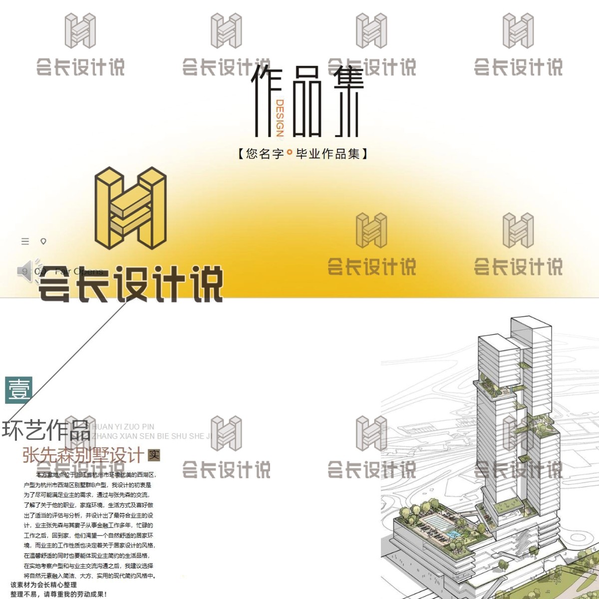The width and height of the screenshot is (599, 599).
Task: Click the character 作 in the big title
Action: point(265,100)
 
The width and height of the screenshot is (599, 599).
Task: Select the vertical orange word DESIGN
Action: point(280,118)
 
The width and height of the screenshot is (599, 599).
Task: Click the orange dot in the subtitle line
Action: point(290,153)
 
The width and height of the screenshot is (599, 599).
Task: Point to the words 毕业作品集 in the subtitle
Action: point(327,153)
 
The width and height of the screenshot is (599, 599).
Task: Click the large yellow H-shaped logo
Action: point(130,208)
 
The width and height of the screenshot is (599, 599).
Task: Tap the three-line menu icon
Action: point(25,242)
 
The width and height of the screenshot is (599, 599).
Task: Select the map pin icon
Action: point(43,242)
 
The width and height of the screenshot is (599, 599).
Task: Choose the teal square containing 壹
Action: point(19,390)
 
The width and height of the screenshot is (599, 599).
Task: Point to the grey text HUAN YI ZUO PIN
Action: point(123,427)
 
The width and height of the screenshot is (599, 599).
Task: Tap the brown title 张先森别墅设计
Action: point(83,455)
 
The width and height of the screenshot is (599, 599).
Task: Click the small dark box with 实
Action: point(154,455)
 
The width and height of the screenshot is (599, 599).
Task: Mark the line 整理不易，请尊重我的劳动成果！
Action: point(58,594)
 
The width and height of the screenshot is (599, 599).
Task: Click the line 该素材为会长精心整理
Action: point(43,585)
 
